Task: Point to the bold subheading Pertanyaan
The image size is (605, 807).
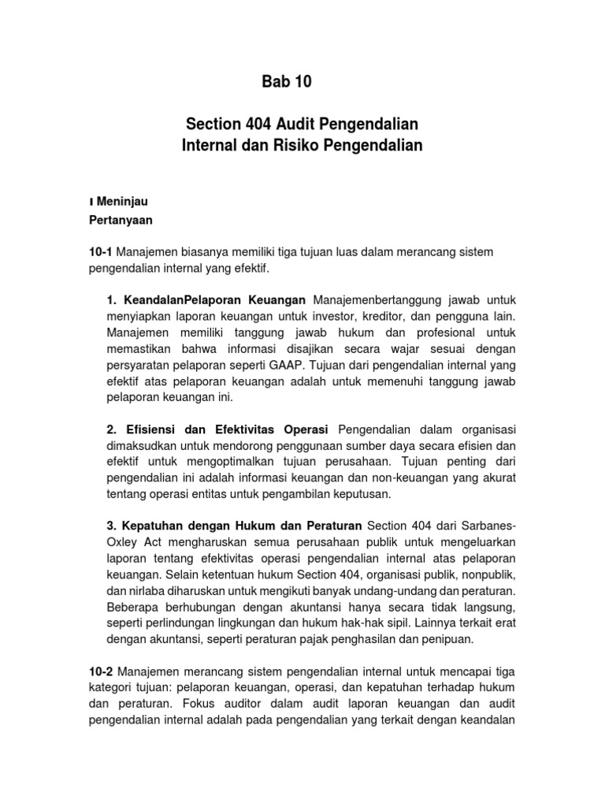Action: (x=121, y=220)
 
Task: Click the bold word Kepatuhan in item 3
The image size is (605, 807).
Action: (x=150, y=525)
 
